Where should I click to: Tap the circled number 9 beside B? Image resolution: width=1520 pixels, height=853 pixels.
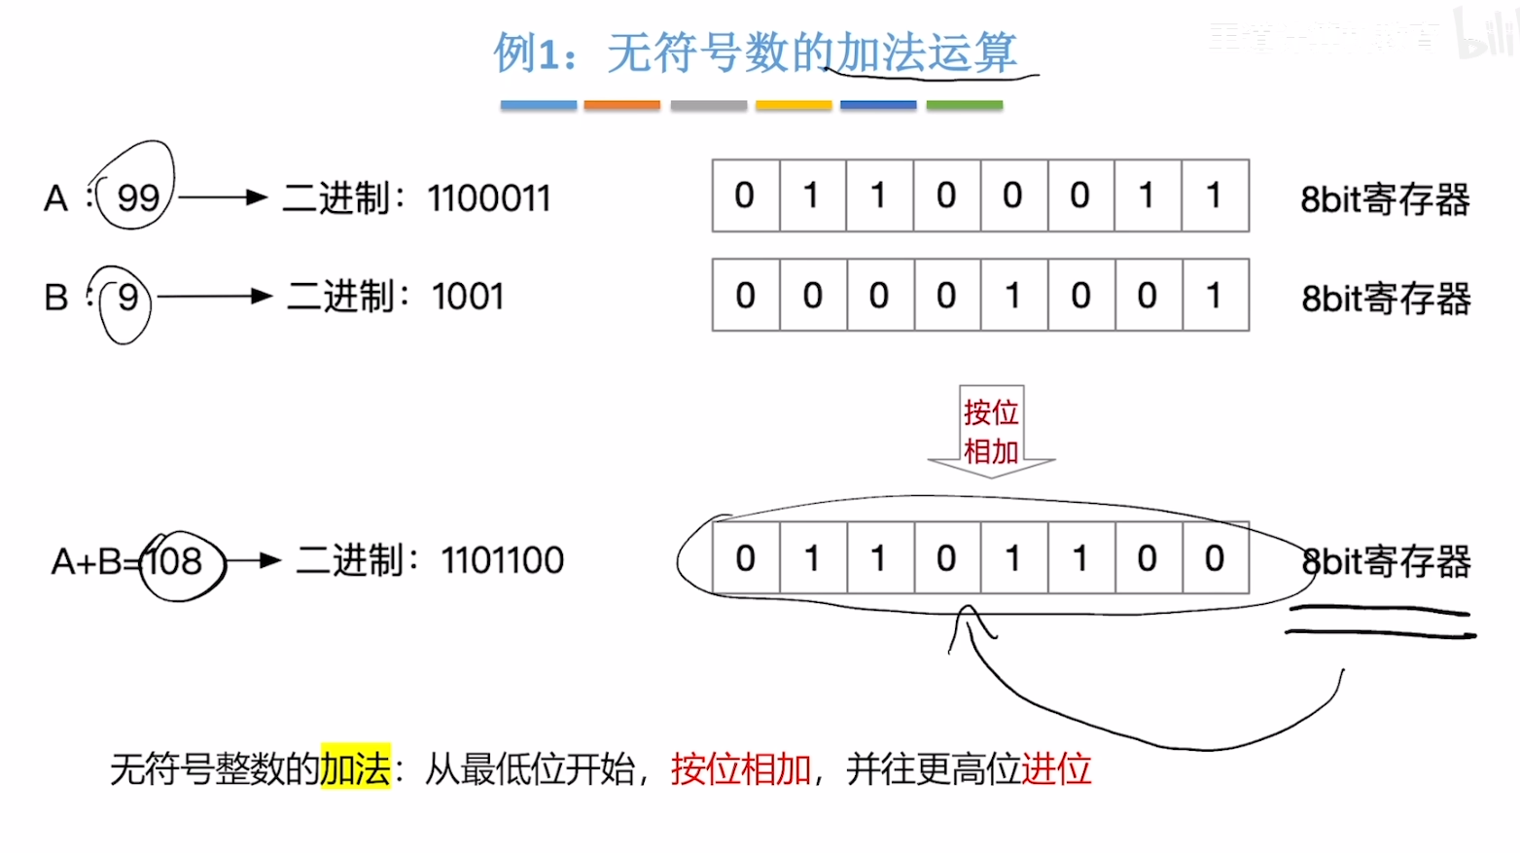pyautogui.click(x=127, y=297)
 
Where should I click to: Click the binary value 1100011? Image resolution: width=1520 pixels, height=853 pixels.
pyautogui.click(x=489, y=198)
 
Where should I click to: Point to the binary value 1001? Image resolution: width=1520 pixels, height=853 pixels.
pyautogui.click(x=468, y=297)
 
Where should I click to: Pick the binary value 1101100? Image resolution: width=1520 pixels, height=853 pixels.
pyautogui.click(x=502, y=560)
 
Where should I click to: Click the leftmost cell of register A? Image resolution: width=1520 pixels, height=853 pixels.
pyautogui.click(x=745, y=195)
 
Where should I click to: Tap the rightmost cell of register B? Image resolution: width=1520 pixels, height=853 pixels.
pyautogui.click(x=1215, y=295)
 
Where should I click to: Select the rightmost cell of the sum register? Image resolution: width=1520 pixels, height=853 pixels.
pyautogui.click(x=1215, y=558)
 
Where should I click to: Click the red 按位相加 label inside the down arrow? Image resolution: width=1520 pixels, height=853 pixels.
pyautogui.click(x=991, y=432)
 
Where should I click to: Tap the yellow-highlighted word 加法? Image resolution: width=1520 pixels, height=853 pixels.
pyautogui.click(x=355, y=769)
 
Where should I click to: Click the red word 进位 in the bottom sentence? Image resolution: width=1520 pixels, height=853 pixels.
pyautogui.click(x=1056, y=769)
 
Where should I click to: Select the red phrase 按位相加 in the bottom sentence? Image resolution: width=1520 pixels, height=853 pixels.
pyautogui.click(x=740, y=769)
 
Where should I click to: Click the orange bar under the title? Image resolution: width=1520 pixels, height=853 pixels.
pyautogui.click(x=621, y=105)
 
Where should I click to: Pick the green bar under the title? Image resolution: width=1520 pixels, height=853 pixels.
pyautogui.click(x=964, y=105)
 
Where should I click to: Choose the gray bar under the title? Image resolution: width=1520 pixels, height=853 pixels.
pyautogui.click(x=708, y=105)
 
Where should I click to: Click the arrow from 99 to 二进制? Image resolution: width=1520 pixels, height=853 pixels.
pyautogui.click(x=223, y=197)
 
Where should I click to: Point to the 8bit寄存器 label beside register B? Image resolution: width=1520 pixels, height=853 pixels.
pyautogui.click(x=1386, y=298)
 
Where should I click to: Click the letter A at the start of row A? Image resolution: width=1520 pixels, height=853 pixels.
pyautogui.click(x=56, y=198)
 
